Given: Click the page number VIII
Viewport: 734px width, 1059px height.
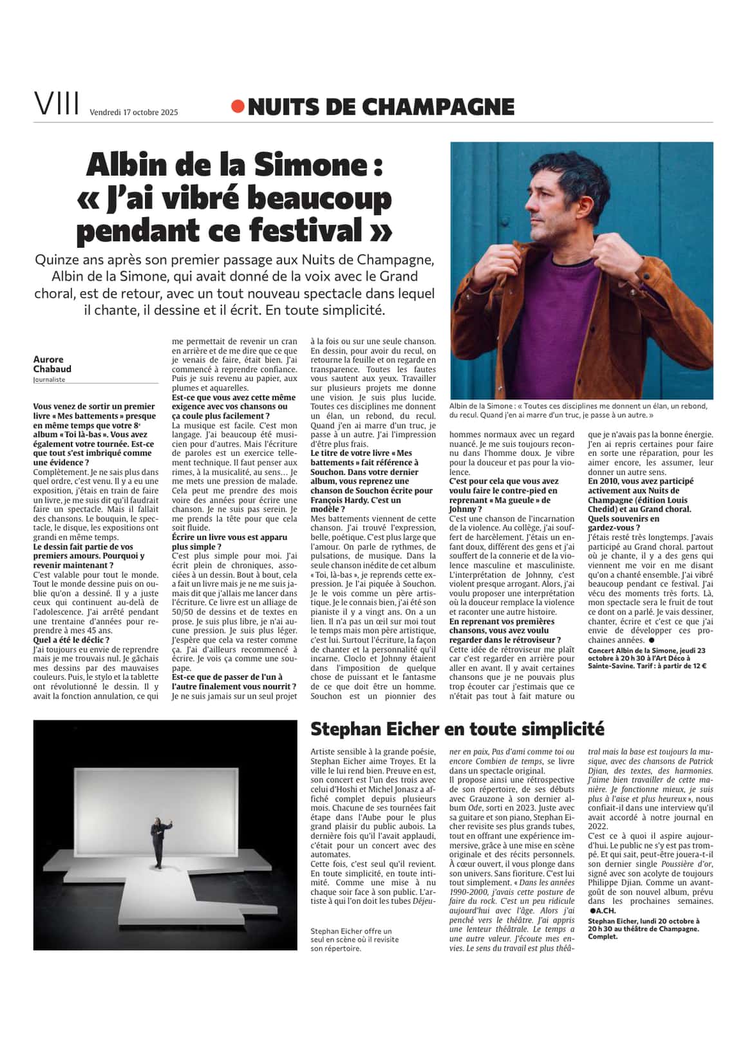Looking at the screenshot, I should [x=57, y=104].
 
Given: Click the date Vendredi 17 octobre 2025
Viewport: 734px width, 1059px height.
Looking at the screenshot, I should [x=133, y=112].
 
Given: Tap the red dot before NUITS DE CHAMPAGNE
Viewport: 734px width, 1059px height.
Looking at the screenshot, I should [x=238, y=107].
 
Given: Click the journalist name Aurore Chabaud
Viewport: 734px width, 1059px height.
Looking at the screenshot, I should [x=52, y=364].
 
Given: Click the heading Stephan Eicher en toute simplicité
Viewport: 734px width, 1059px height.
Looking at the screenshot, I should [x=457, y=729].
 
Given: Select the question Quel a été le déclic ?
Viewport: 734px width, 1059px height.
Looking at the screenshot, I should [x=71, y=640].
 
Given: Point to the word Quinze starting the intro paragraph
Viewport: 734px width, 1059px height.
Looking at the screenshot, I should [x=58, y=260].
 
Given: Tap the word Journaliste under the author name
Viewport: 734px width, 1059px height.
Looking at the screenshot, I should [x=50, y=380].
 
